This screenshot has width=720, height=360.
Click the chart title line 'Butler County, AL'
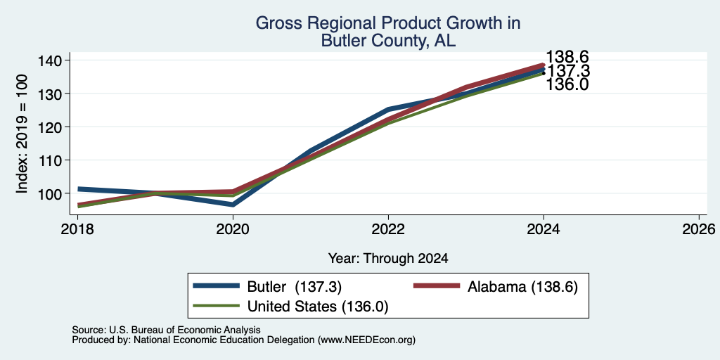pos(388,41)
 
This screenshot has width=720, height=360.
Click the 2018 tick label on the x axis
pos(77,229)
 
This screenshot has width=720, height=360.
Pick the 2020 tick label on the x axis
pos(233,229)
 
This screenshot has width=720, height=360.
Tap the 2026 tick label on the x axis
pos(699,229)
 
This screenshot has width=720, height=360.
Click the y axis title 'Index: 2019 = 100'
pos(22,134)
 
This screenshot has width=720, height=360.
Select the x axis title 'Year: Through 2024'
pos(388,259)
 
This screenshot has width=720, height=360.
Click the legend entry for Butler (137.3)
pos(268,287)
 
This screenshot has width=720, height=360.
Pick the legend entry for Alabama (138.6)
pos(496,287)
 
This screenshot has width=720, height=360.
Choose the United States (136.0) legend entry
pos(290,307)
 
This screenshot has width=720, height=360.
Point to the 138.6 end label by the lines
pos(567,58)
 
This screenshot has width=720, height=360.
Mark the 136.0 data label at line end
pos(567,84)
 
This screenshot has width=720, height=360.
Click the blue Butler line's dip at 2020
pos(233,205)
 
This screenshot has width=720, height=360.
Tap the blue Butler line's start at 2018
pos(79,188)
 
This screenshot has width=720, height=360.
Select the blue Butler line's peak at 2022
pos(388,109)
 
